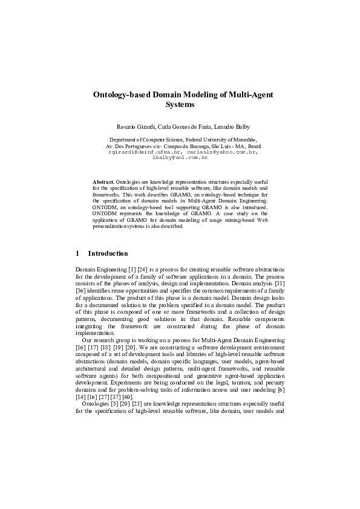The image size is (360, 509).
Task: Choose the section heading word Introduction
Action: pyautogui.click(x=108, y=253)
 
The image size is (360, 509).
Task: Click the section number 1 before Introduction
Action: pyautogui.click(x=77, y=253)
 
